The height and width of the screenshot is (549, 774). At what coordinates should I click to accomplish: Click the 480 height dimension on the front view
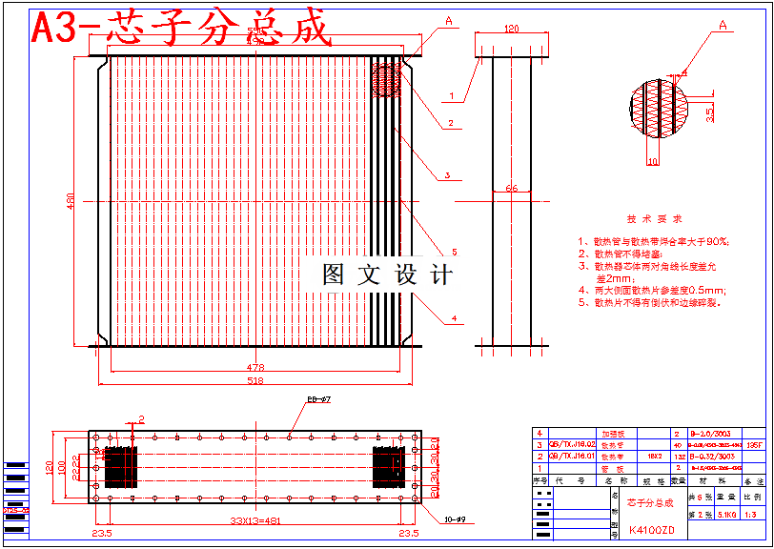tap(70, 202)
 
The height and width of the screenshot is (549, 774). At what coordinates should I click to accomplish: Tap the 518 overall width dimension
tap(255, 380)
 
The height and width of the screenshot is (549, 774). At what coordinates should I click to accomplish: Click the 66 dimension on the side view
tap(511, 189)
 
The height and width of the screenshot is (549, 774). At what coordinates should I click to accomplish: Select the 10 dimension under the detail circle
tap(652, 162)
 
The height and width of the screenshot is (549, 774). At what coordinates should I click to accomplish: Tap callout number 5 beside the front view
tap(455, 252)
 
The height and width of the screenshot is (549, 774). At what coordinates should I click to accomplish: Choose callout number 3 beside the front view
tap(446, 175)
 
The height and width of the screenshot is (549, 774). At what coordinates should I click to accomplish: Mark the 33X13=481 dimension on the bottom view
tap(255, 520)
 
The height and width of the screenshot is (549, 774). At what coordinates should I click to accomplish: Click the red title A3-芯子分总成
tap(181, 29)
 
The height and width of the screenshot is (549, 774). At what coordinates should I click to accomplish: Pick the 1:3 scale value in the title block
tap(753, 515)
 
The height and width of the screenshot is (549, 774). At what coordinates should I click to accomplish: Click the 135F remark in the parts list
tap(754, 444)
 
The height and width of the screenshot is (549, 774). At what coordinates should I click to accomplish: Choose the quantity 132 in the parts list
tap(677, 456)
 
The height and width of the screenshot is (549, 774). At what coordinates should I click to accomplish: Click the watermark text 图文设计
tap(387, 275)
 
